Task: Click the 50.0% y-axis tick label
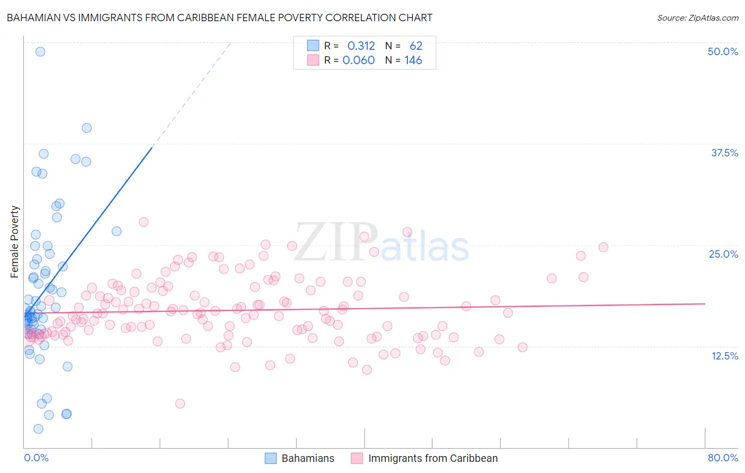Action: coord(723,51)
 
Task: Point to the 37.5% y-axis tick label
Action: coord(724,153)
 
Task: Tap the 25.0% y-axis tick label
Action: coord(723,254)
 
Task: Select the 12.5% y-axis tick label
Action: coord(724,356)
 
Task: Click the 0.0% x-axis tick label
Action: coord(36,458)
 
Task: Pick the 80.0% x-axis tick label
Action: coord(723,458)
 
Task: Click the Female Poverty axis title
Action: coord(15,242)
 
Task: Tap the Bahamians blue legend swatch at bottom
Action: coord(271,458)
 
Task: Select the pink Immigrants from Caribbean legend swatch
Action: coord(357,458)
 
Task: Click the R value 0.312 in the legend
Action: coord(361,46)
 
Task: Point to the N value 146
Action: coord(413,60)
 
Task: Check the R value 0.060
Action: coord(359,60)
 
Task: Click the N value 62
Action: coord(416,46)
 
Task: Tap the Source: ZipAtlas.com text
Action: coord(697,17)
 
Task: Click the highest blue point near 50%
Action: coord(40,51)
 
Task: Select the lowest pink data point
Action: coord(180,404)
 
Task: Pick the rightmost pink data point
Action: coord(603,247)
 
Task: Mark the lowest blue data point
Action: coord(38,428)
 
